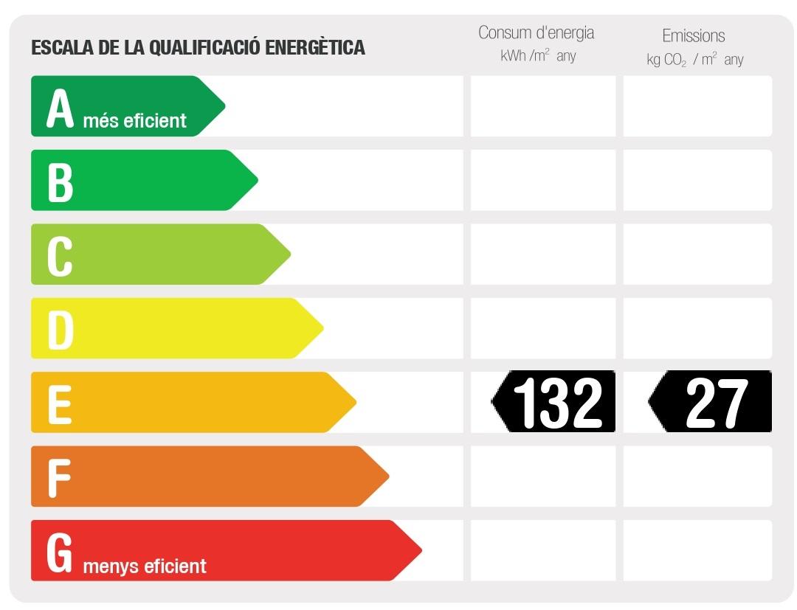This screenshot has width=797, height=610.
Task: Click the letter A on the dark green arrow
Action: coord(61,109)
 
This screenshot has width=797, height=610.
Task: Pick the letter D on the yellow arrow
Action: coord(61,330)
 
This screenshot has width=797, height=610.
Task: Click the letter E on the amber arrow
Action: coord(60,403)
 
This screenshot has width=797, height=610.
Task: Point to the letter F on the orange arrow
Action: coord(59,477)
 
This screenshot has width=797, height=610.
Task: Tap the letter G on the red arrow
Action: coord(60,552)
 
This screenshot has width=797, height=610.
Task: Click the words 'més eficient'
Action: coord(134,120)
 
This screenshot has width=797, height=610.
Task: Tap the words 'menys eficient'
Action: coord(145,566)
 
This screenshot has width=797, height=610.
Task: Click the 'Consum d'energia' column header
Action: coord(536,32)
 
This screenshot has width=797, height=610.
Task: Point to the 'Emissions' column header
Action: coord(693,35)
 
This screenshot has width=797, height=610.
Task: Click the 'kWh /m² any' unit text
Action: coord(537,56)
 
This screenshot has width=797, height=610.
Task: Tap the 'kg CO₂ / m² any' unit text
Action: coord(694,60)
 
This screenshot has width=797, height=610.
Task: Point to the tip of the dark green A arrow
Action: coord(223,106)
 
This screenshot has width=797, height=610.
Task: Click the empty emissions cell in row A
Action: coord(697,106)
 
